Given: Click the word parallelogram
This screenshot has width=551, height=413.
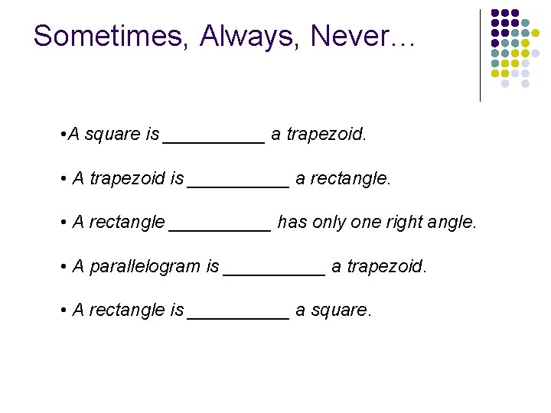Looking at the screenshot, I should click(x=145, y=267).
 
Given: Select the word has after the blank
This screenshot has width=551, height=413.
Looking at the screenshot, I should click(x=292, y=223).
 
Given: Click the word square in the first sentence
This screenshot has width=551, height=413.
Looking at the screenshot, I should click(x=112, y=135).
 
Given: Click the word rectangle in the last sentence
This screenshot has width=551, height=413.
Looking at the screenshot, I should click(x=126, y=311).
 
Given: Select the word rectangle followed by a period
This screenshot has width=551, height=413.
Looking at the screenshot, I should click(x=352, y=179).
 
